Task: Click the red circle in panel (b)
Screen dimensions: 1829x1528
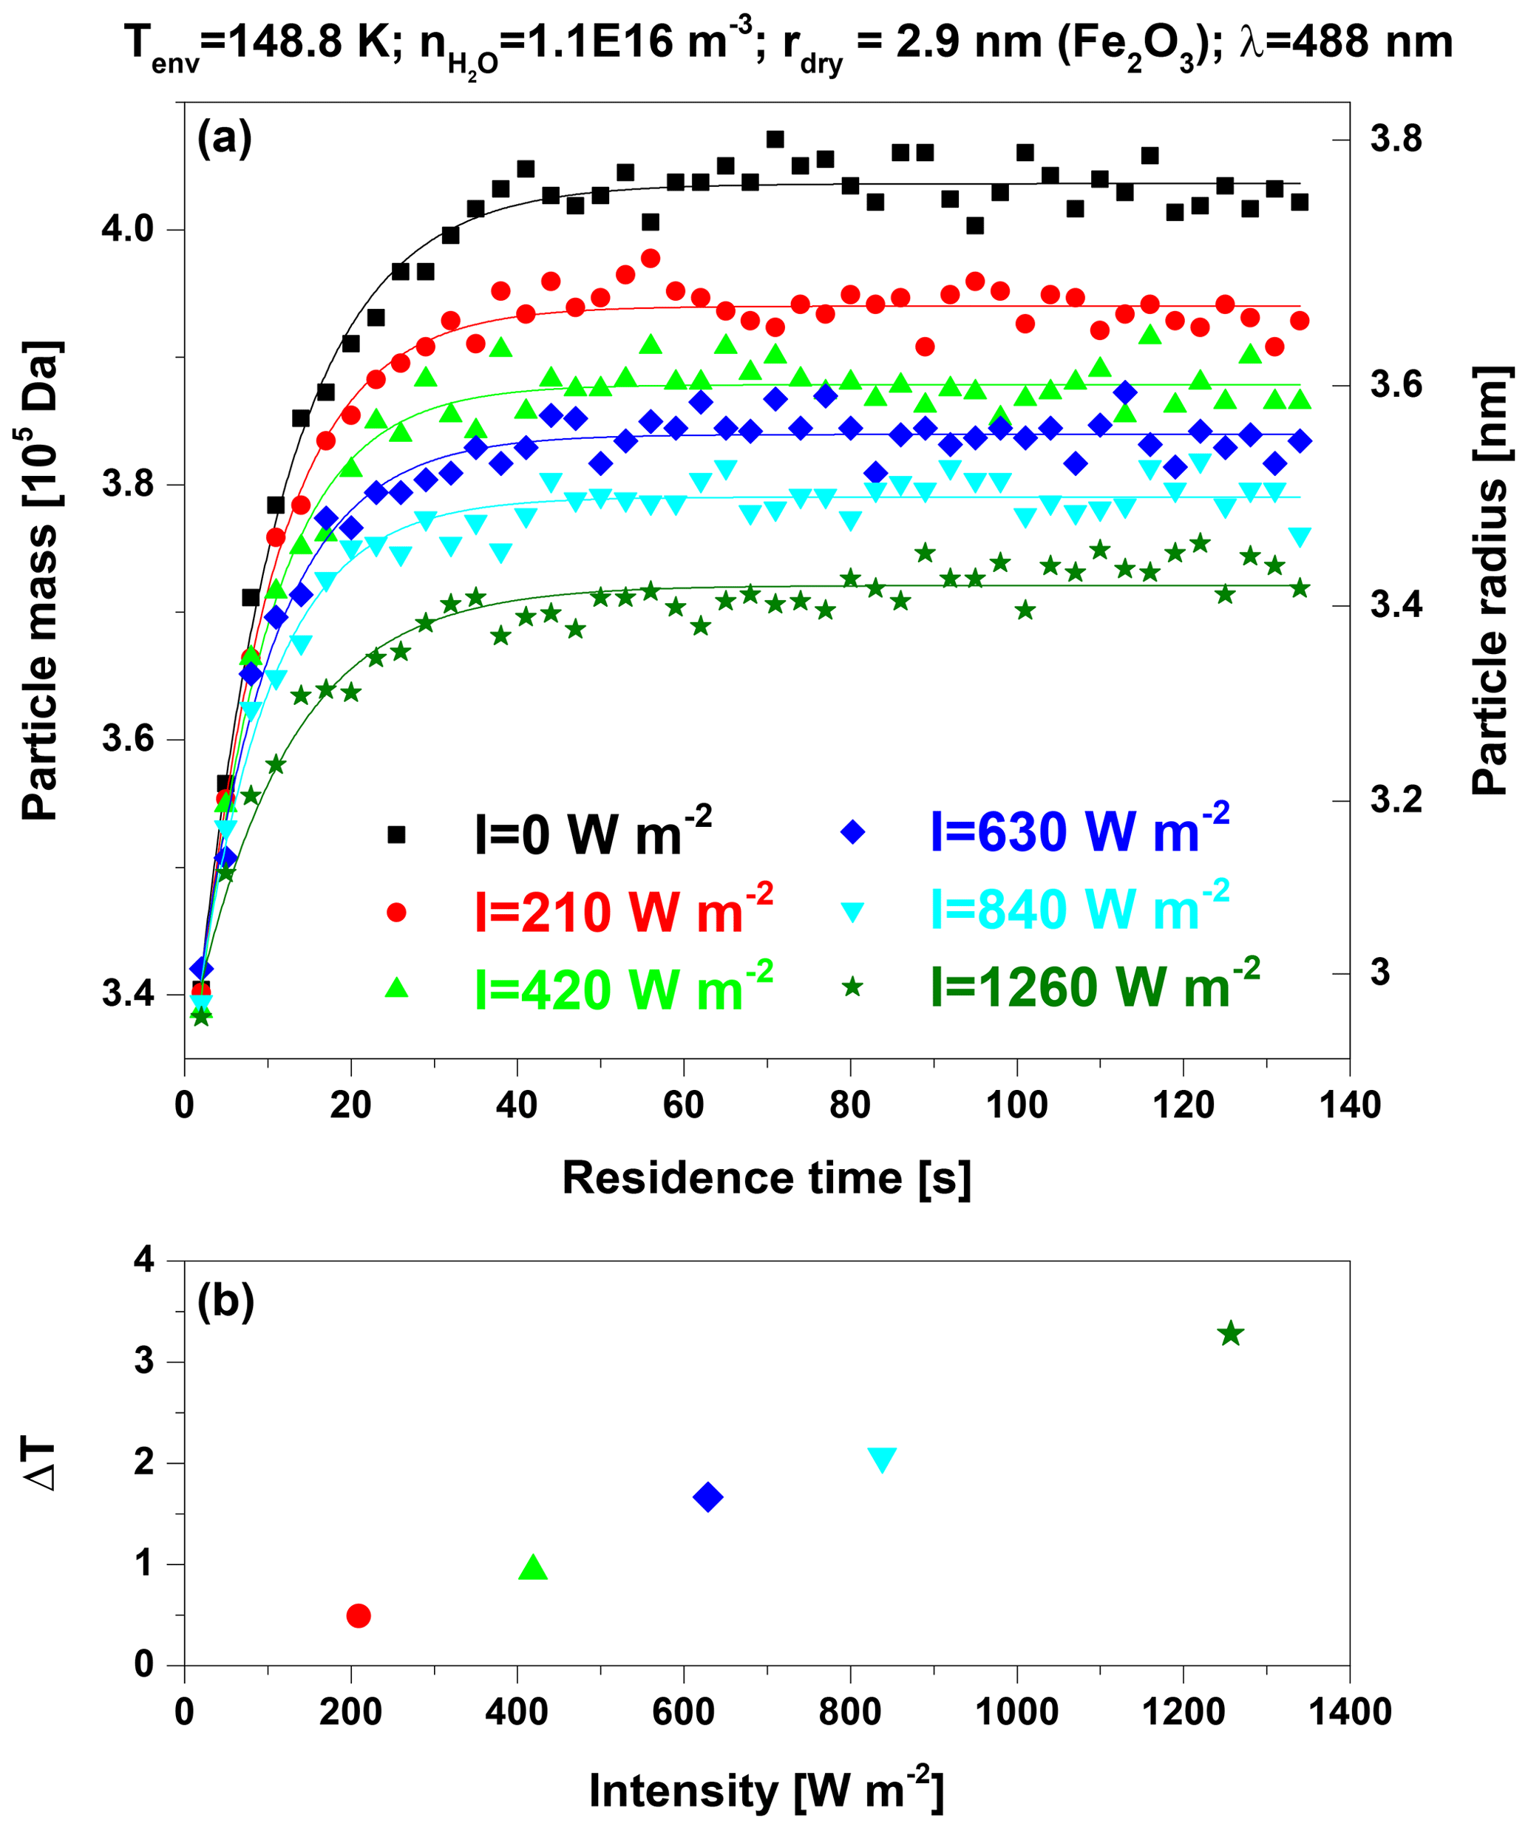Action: (x=358, y=1615)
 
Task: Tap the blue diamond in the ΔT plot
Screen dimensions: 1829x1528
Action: (x=707, y=1497)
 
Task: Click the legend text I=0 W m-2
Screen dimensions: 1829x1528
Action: (x=592, y=834)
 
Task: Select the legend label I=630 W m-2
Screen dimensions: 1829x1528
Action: (x=1079, y=830)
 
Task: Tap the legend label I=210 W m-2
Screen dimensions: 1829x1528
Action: (x=623, y=910)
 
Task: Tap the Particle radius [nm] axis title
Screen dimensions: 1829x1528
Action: (x=1490, y=579)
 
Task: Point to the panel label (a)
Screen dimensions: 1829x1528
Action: (x=224, y=137)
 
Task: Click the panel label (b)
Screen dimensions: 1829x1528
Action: (x=225, y=1302)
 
